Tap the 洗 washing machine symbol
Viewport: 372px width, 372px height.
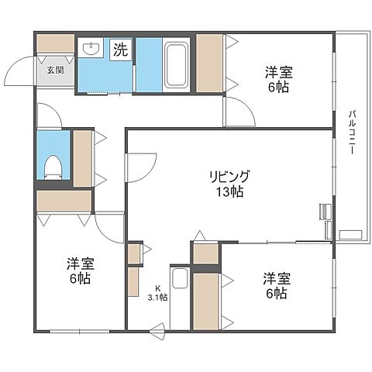(121, 51)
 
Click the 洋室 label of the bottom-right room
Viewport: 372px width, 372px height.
(277, 278)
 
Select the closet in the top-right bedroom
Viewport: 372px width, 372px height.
(209, 61)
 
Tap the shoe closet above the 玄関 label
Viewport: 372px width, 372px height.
(55, 44)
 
